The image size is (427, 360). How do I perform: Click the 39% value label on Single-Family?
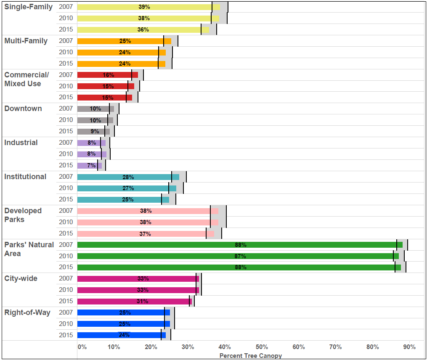(144, 7)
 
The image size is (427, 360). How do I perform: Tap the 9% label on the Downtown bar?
(95, 131)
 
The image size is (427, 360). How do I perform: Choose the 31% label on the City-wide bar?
(142, 301)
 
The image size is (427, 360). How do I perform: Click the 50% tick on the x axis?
(262, 347)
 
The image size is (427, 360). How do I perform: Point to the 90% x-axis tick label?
(409, 347)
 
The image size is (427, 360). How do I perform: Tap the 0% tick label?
(82, 347)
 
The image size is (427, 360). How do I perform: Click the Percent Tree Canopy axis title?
(250, 356)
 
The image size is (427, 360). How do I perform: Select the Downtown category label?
(23, 109)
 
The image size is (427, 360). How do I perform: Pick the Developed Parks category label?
(23, 215)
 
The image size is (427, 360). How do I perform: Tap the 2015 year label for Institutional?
(66, 199)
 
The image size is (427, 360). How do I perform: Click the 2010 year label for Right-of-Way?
(66, 324)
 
